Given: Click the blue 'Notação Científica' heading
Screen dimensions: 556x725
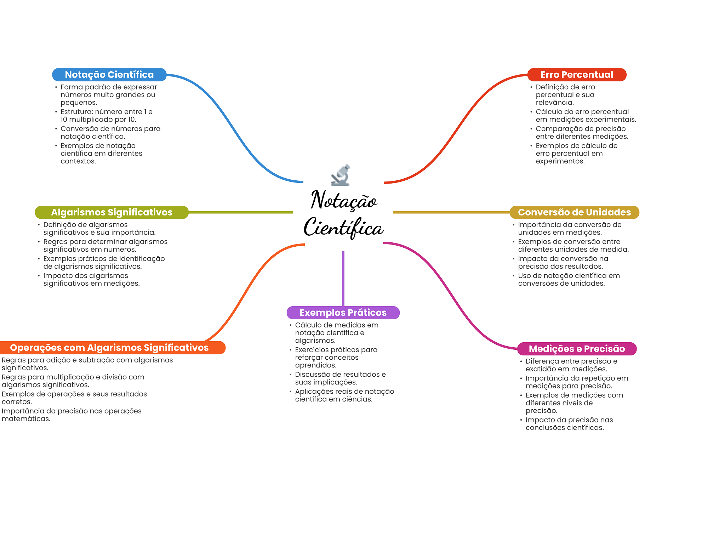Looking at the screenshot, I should pos(109,75).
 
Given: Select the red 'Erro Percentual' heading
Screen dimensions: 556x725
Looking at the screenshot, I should pos(576,75).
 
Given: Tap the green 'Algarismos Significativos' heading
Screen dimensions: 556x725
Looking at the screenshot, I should pos(112,212).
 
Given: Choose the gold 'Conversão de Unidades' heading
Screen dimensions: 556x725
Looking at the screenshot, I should pos(574,212).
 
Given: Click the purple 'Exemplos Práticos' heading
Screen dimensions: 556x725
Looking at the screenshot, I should pos(343,313).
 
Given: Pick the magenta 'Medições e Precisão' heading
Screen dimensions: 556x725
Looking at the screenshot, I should pos(576,349).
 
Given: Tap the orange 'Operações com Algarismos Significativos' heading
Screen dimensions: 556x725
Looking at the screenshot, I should pos(109,348).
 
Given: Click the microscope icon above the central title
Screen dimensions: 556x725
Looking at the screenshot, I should pos(341,175).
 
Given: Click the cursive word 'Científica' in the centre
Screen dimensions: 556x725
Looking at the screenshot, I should pos(343,227).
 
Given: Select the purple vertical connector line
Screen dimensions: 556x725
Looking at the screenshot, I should pos(343,278).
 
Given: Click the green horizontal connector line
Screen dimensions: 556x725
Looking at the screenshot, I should pos(241,212).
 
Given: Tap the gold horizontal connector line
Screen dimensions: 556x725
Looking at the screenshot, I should pos(451,212).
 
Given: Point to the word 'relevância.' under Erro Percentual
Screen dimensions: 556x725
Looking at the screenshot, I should pos(554,103).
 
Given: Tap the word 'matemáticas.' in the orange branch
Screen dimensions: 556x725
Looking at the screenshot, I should pos(26,419).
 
